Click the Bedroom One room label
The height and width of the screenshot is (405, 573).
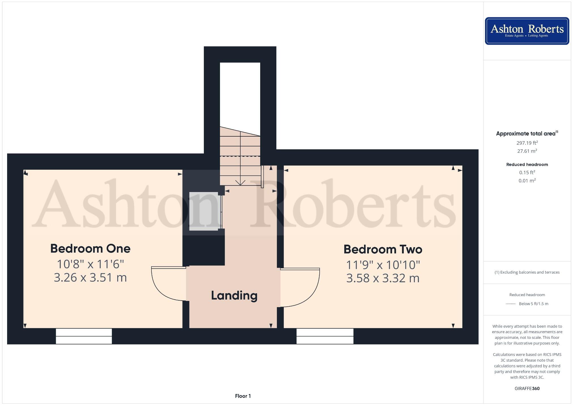click(x=90, y=249)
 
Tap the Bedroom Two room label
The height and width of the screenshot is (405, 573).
click(x=383, y=249)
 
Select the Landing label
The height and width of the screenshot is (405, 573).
click(x=234, y=296)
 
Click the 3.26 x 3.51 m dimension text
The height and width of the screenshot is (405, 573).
click(x=90, y=277)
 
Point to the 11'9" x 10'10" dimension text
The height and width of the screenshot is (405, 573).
click(x=383, y=265)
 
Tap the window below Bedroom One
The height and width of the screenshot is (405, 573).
click(x=84, y=336)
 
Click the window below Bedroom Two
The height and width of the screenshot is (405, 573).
click(x=325, y=336)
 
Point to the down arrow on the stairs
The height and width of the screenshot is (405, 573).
click(x=240, y=183)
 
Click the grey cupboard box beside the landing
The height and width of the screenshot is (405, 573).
click(x=204, y=211)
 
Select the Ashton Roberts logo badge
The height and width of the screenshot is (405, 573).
click(x=527, y=31)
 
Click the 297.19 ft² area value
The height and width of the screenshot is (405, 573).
click(x=527, y=143)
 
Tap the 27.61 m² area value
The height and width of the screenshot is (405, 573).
click(x=527, y=151)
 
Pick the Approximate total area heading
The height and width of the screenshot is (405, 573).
click(x=526, y=133)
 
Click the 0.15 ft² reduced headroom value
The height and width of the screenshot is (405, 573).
click(x=527, y=173)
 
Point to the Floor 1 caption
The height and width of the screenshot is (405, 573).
click(x=243, y=396)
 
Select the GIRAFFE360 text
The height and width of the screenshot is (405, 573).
click(x=527, y=388)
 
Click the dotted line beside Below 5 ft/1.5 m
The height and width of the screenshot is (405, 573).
click(x=511, y=304)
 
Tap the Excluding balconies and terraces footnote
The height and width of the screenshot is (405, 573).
click(x=527, y=272)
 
